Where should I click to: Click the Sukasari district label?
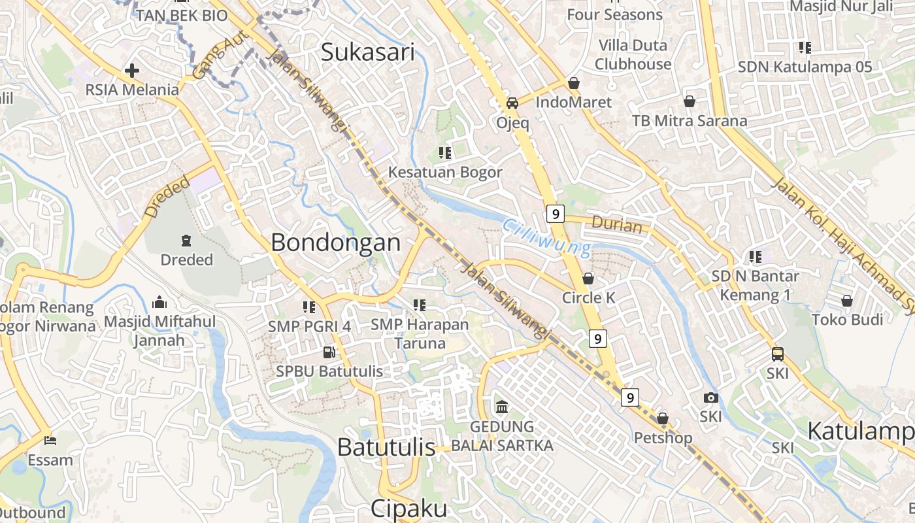pos(367,52)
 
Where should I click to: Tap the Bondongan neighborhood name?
pos(335,243)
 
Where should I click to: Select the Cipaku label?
pos(409,509)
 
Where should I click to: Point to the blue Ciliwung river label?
pos(546,237)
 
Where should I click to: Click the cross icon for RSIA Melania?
pos(132,70)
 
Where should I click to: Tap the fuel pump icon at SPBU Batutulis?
pos(329,352)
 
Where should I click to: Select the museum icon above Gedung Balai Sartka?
pos(502,407)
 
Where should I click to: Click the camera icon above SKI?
pos(710,397)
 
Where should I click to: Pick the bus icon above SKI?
pos(777,354)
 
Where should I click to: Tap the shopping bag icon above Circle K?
pos(588,278)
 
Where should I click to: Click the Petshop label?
pos(663,437)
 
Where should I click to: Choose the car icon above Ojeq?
pos(512,103)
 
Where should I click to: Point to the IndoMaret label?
pos(573,102)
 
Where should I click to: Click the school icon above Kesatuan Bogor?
pos(445,153)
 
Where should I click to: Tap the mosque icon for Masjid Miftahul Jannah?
pos(159,302)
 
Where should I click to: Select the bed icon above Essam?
pos(50,441)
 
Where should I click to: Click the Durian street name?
pos(616,225)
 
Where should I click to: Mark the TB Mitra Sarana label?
pos(689,121)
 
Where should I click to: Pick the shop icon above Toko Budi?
pos(847,301)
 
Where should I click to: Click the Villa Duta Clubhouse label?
pos(633,55)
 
